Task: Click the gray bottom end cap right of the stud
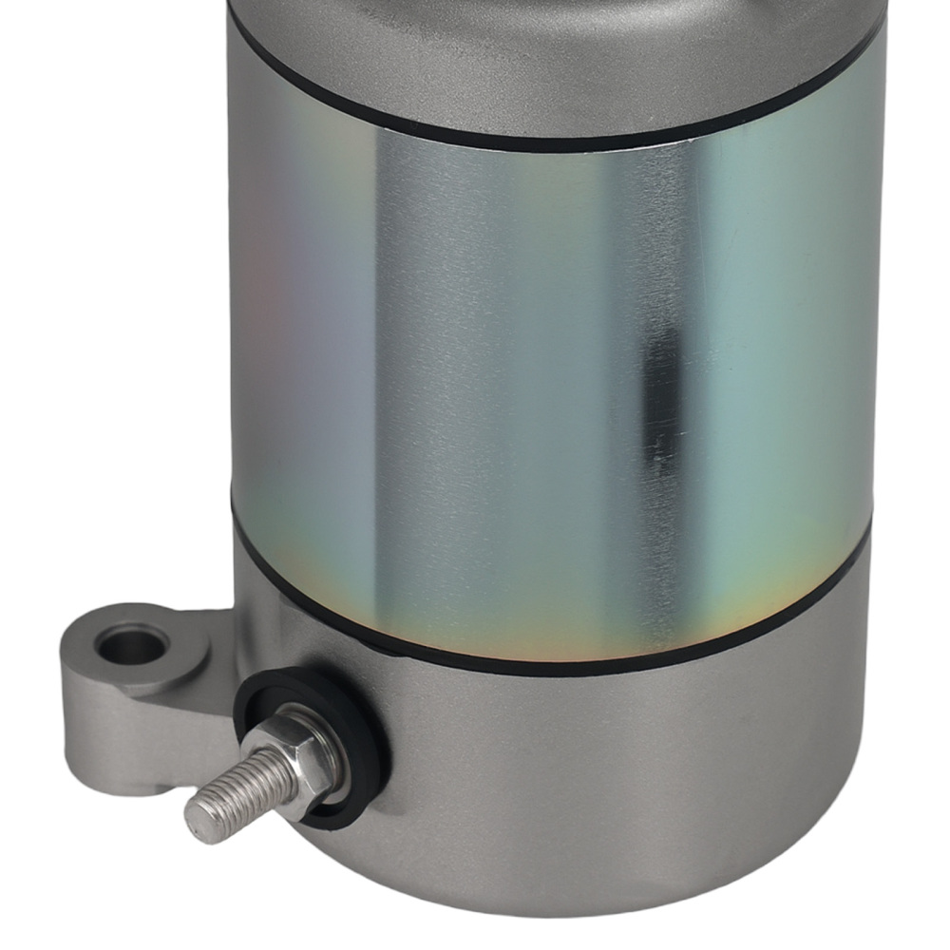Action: (617, 779)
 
